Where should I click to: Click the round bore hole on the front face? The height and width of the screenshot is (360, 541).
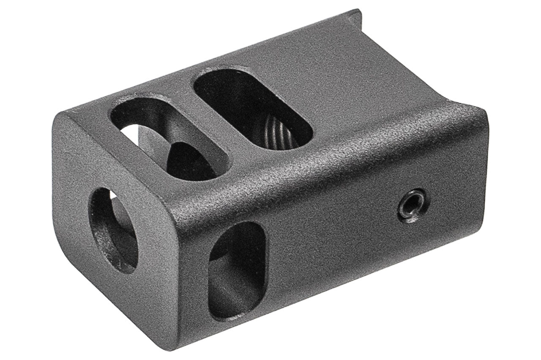tap(113, 231)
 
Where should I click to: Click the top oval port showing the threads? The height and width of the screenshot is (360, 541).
tap(253, 109)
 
